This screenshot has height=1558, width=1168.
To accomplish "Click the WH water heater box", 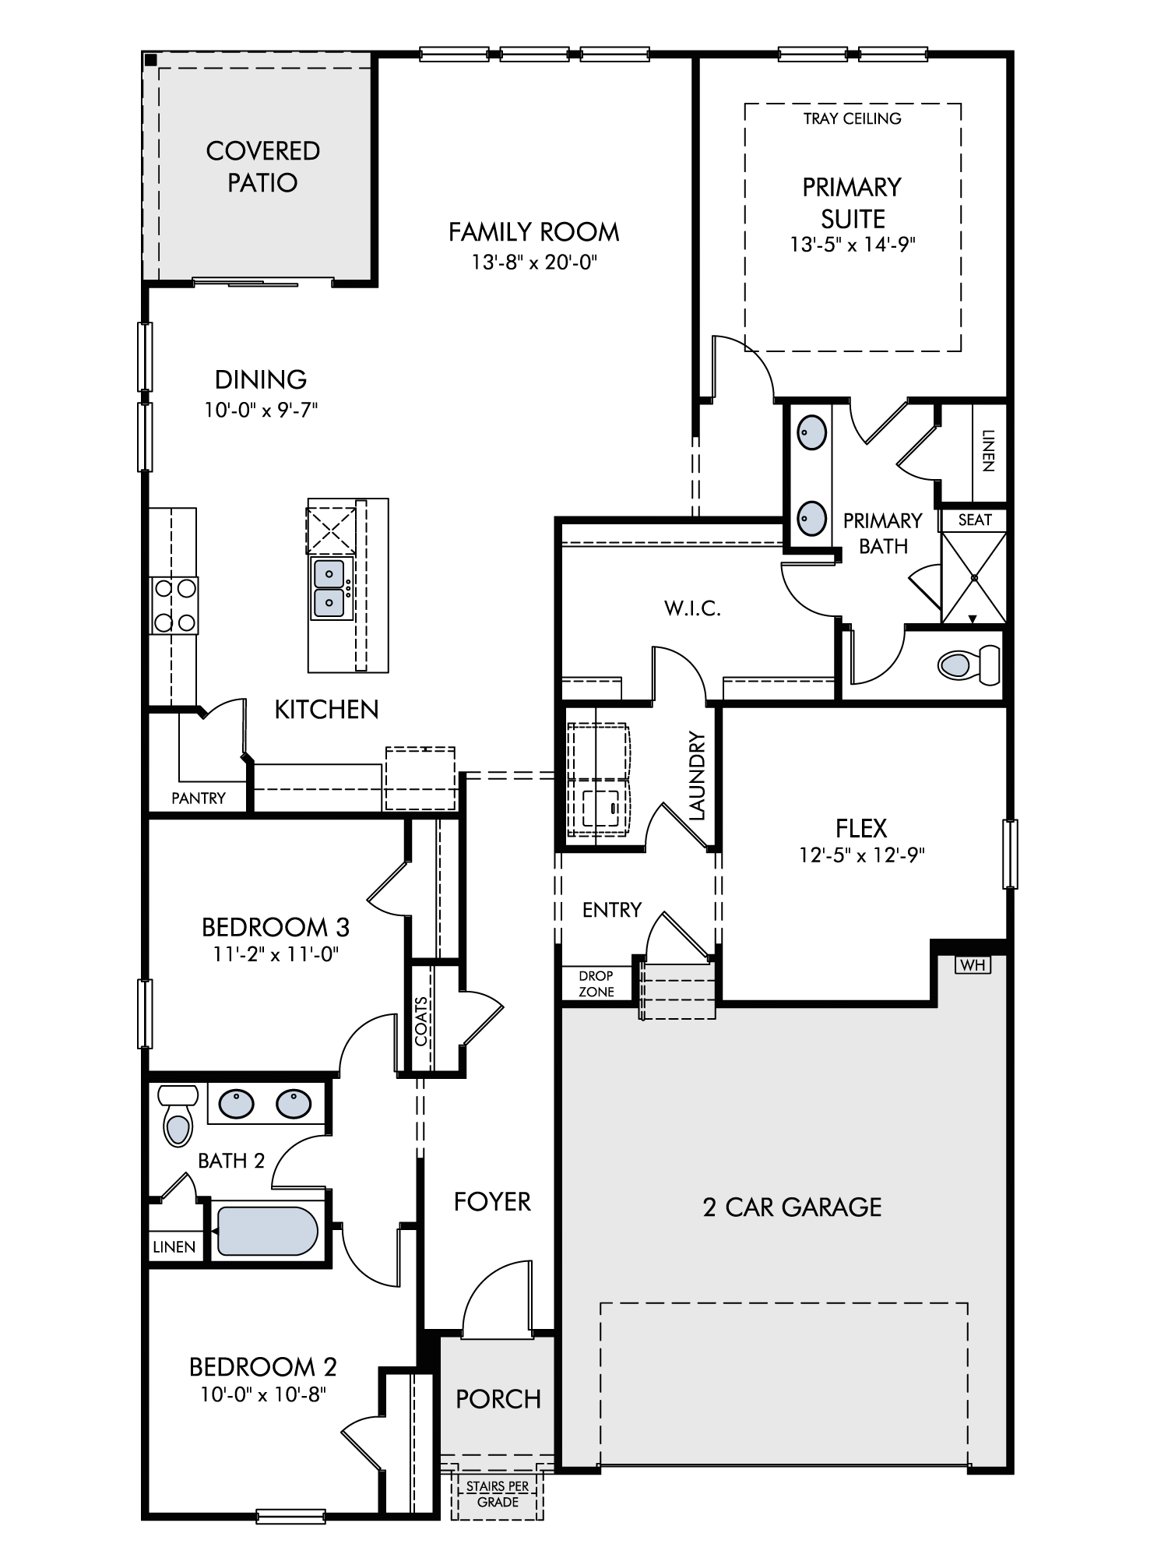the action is point(973,965).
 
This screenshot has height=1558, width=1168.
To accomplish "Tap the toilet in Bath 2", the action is point(178,1116).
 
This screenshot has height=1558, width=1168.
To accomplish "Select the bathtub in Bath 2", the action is point(267,1231).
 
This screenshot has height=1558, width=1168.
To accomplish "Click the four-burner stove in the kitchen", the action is point(174,605).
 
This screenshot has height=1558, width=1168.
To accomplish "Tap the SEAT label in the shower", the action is point(974,520).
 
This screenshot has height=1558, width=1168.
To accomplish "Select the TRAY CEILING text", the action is point(853,118).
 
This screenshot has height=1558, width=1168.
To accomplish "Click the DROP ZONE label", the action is point(596,984).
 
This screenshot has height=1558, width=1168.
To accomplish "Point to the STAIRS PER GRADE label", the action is point(498,1494).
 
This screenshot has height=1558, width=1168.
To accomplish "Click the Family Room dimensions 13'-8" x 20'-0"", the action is point(534,262).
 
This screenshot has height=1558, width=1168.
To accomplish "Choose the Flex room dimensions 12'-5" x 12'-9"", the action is point(862,855).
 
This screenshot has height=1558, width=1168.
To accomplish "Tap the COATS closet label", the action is point(421,1021).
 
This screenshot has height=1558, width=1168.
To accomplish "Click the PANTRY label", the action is point(199,798).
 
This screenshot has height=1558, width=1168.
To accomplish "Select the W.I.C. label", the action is point(692,608).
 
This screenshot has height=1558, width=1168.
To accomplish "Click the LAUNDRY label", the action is point(697,776).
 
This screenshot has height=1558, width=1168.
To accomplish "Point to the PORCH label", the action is point(498,1399).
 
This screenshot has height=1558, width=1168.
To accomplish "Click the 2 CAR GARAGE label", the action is point(792,1207).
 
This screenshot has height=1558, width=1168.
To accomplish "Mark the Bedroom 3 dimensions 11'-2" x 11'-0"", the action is point(276,953).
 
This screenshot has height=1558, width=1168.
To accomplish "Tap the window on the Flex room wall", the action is point(1010,854).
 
